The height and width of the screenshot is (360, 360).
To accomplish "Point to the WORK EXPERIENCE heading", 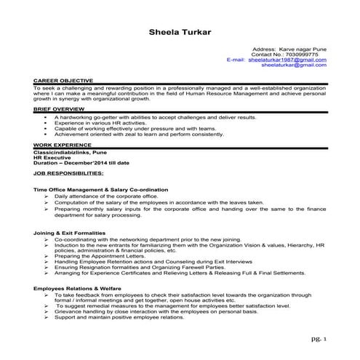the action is point(60,145).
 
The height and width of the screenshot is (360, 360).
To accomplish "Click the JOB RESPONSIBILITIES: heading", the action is point(68,174).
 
